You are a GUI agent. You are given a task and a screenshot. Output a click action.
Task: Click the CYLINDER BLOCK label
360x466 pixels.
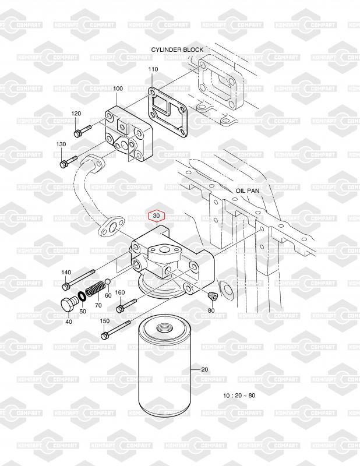click(177, 50)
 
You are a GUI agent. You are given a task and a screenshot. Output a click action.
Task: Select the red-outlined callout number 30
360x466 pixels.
click(156, 216)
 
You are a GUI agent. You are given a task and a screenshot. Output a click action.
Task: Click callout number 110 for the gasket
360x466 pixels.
click(153, 69)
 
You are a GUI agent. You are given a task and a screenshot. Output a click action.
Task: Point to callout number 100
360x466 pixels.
click(118, 89)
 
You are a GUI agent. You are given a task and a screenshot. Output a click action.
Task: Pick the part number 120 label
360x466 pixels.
click(76, 113)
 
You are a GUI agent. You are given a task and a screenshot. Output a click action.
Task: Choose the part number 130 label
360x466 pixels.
click(61, 144)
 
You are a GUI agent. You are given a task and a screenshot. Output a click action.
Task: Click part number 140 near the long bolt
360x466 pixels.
click(66, 273)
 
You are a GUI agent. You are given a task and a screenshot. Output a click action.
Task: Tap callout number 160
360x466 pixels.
click(120, 292)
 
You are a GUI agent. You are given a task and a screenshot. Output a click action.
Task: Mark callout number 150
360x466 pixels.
click(104, 321)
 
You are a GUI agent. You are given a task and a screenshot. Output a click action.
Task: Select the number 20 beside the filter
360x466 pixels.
click(204, 369)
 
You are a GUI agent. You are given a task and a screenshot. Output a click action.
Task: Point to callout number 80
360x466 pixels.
click(211, 310)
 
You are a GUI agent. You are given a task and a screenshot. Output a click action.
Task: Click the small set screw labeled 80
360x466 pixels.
click(212, 298)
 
